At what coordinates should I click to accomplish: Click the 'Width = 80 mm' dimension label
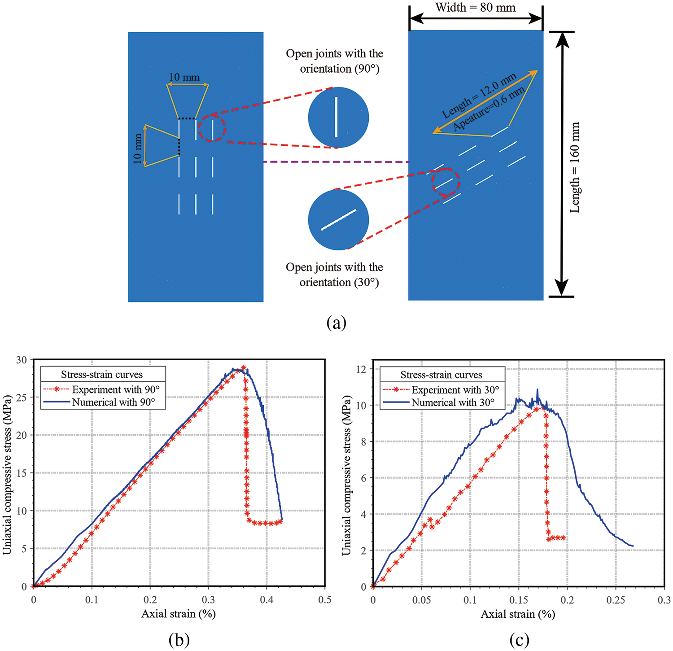point(475,8)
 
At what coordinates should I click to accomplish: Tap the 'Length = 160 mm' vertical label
point(575,167)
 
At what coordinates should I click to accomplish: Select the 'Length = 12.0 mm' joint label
point(479,96)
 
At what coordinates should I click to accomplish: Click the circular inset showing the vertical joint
point(338,118)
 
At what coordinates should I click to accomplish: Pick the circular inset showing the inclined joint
point(338,220)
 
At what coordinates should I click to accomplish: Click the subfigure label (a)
point(336,323)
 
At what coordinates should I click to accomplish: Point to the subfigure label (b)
point(179,639)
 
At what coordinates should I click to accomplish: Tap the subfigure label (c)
point(519,639)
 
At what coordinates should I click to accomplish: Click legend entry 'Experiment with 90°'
point(116,389)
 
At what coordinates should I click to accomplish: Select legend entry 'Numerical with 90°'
point(114,402)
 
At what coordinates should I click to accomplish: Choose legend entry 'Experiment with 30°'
point(455,390)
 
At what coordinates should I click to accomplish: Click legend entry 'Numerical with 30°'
point(453,402)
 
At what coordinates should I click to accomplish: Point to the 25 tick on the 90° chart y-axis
point(21,398)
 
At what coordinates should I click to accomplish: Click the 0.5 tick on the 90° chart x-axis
point(325,600)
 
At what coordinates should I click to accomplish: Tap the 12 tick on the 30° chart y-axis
point(361,369)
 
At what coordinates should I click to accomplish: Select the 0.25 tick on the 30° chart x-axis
point(616,600)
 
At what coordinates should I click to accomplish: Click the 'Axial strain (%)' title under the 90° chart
point(179,614)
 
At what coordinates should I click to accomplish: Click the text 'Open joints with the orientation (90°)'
point(335,61)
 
